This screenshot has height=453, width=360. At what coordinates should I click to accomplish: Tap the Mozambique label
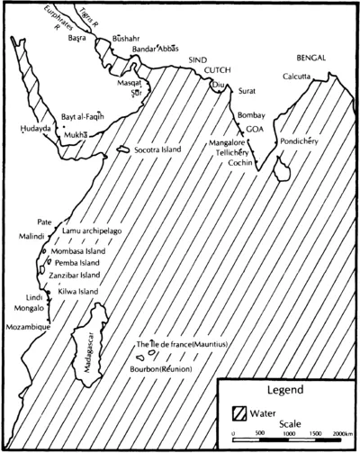30,320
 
